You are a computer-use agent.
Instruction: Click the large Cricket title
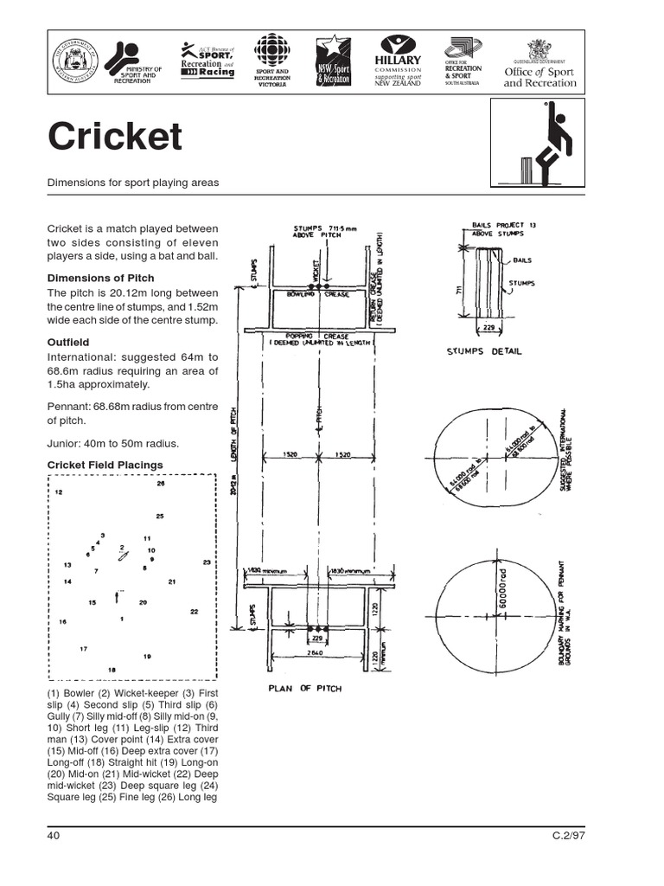click(115, 137)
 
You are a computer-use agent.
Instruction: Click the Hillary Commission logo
click(398, 61)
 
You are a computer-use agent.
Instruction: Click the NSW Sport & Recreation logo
click(329, 61)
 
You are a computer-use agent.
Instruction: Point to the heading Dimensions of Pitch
click(100, 278)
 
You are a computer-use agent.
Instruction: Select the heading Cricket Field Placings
click(105, 465)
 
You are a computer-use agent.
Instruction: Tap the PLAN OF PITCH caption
click(304, 689)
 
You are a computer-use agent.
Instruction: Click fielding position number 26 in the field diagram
click(161, 484)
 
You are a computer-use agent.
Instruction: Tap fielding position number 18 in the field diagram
click(111, 670)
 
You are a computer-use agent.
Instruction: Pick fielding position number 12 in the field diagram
click(59, 491)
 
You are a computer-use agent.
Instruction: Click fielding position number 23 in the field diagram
click(207, 562)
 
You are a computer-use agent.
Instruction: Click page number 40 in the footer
click(54, 835)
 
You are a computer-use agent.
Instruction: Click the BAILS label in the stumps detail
click(523, 260)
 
